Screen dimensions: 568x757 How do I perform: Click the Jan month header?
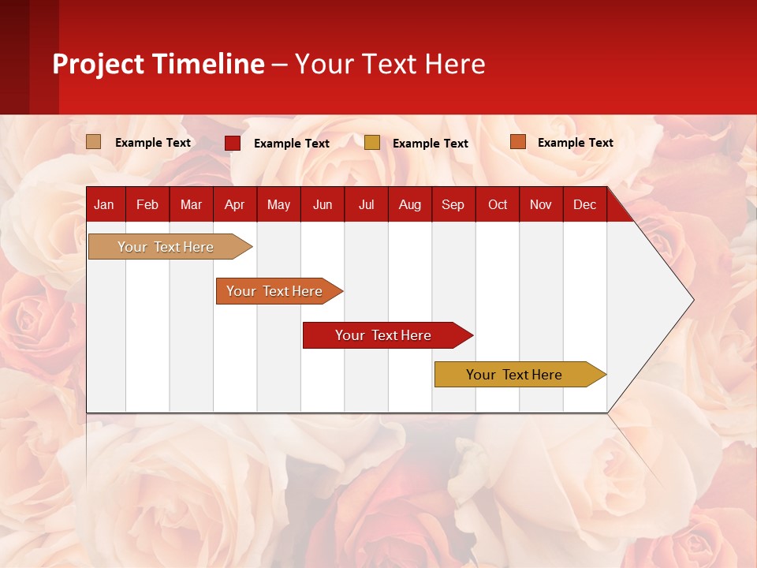coord(104,204)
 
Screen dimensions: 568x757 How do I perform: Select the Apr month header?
coord(234,204)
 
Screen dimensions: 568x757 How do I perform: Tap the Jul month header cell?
coord(366,204)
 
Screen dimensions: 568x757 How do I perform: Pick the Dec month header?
coord(584,204)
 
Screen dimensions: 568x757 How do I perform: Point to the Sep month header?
coord(453,204)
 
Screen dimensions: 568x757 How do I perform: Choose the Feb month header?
coord(147,204)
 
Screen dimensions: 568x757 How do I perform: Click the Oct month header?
coord(498,204)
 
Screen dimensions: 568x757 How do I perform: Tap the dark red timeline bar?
coord(384,335)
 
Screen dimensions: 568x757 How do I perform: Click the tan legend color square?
coord(94,142)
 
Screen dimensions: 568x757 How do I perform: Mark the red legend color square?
coord(233,143)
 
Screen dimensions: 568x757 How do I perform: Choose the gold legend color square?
coord(372,143)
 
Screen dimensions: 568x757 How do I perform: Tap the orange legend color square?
coord(518,142)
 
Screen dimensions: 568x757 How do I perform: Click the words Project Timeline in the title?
coord(158,64)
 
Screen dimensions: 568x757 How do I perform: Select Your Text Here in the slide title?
coord(390,64)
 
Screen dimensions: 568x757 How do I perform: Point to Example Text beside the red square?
coord(292,144)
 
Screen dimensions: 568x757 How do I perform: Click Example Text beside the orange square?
coord(576,143)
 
